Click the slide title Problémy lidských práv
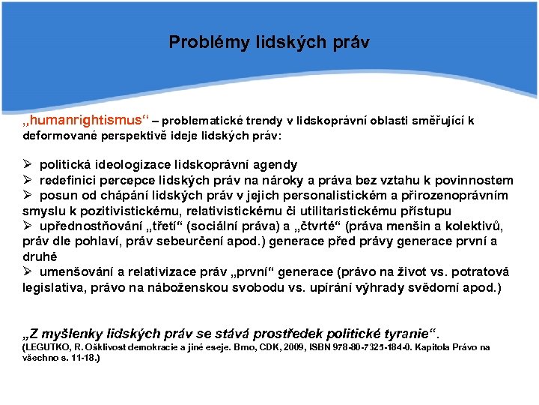coord(269,42)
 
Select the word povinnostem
coord(476,180)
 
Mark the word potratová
coord(477,272)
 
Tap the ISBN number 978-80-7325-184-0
coord(366,347)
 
